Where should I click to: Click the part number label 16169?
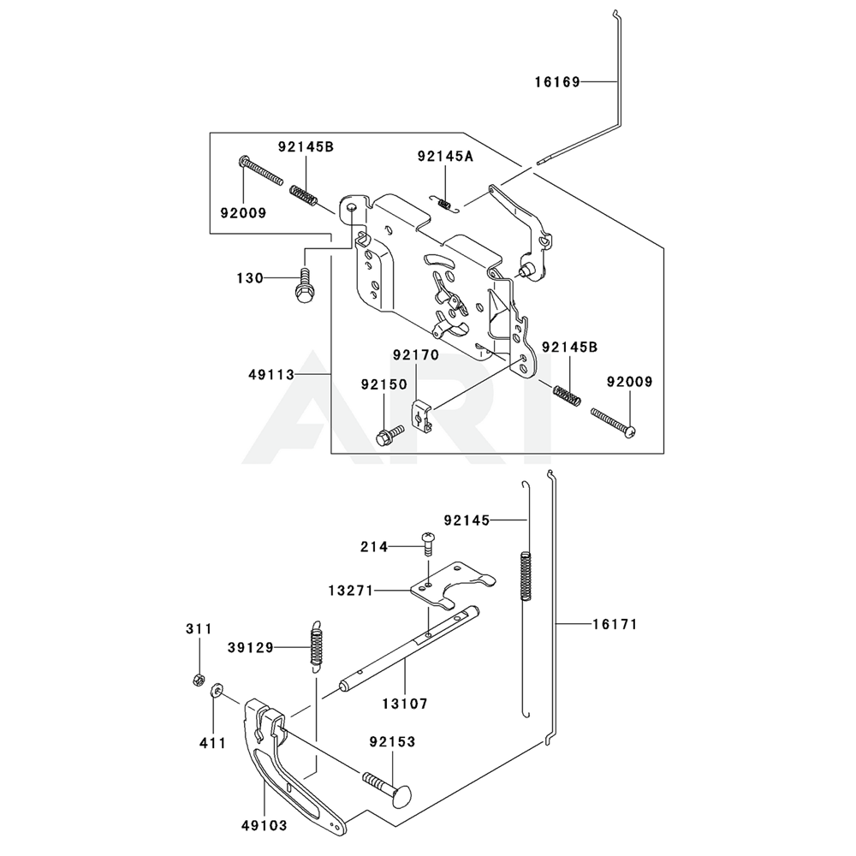coord(557,82)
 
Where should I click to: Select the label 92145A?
coord(445,156)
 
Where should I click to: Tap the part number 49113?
coord(271,375)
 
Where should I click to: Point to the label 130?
coord(250,278)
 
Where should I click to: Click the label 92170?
coord(416,354)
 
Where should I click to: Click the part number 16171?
coord(615,626)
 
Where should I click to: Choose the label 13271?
coord(350,591)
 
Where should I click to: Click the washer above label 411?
coord(219,691)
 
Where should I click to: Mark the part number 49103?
coord(264,826)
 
